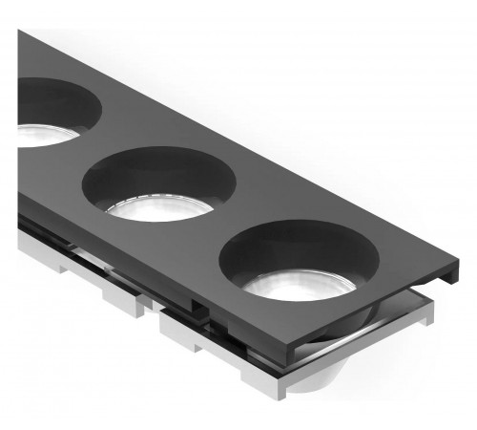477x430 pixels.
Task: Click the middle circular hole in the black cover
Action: (x=159, y=183)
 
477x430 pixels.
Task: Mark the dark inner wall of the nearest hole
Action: (x=296, y=245)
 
